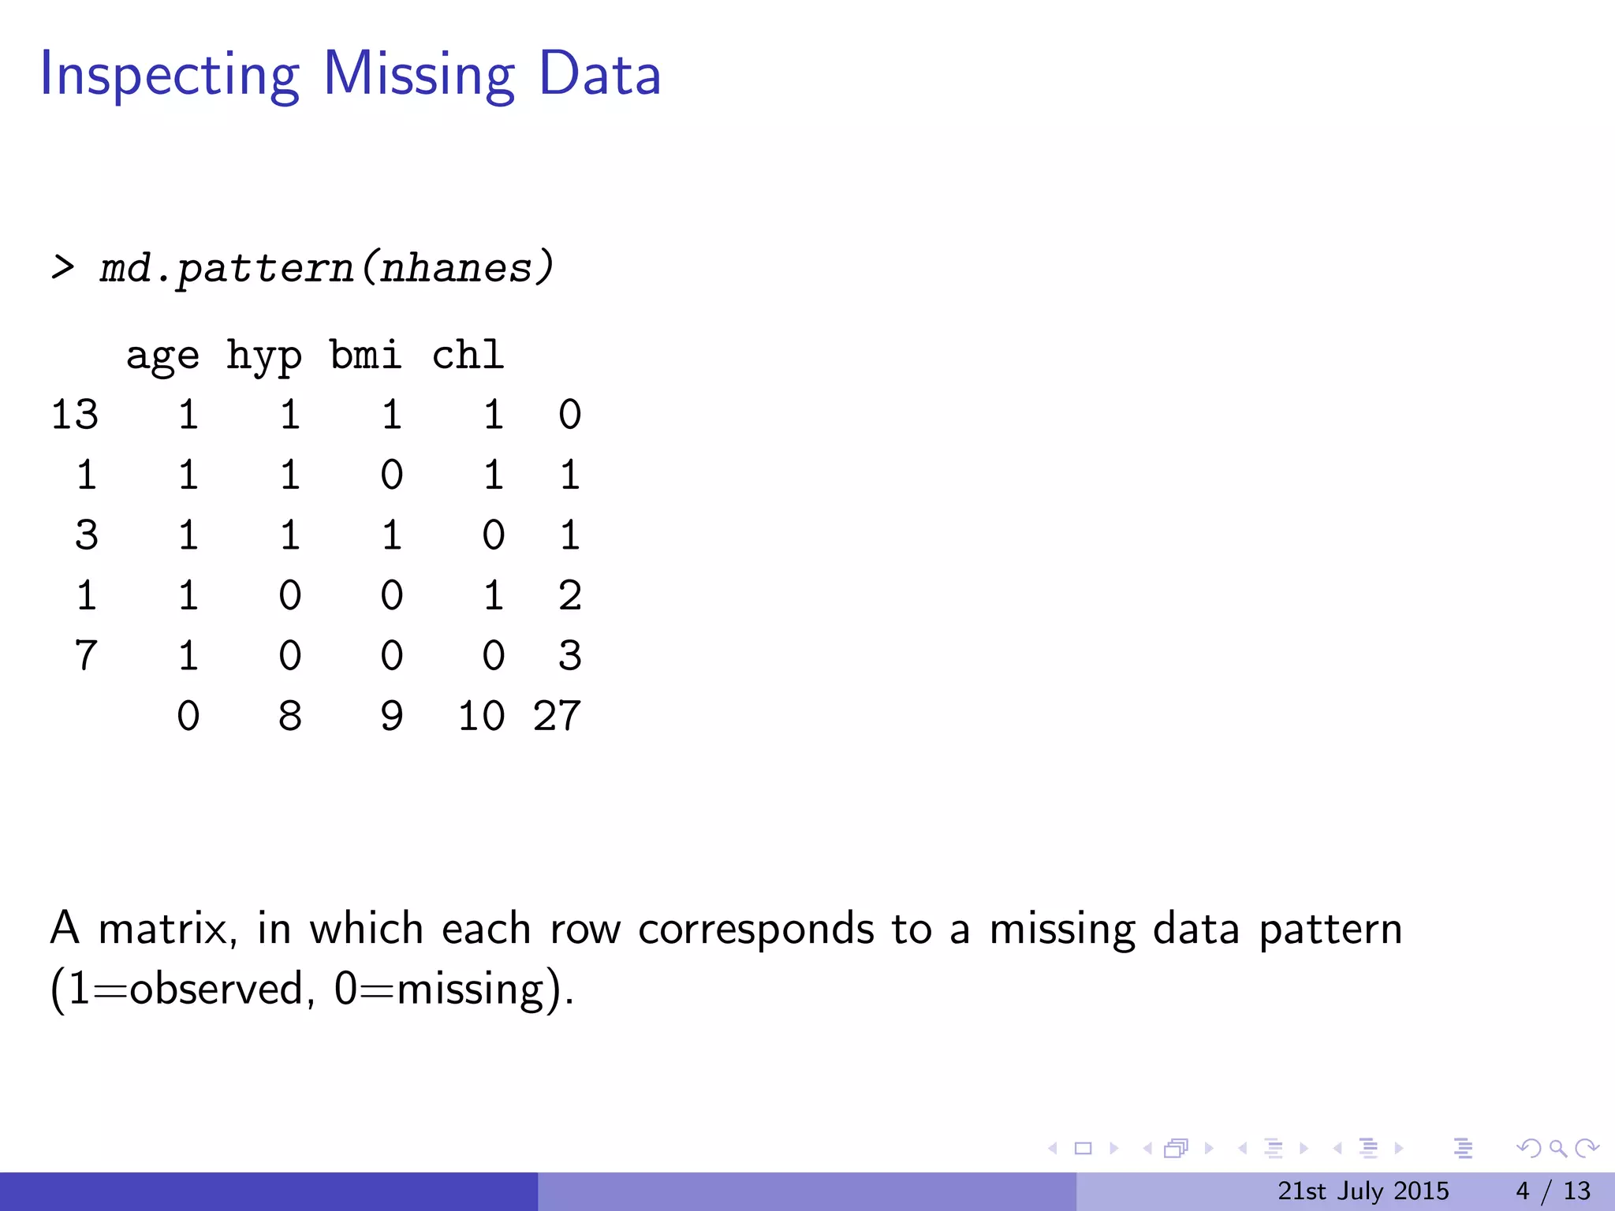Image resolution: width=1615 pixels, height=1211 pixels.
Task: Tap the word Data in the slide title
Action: (x=599, y=74)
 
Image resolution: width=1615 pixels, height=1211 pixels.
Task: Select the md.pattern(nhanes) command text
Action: (x=326, y=269)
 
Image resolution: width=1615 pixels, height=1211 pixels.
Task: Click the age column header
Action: (x=162, y=356)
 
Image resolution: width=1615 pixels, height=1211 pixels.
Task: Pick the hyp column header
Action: (x=264, y=356)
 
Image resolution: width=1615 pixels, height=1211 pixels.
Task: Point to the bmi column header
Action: (x=366, y=356)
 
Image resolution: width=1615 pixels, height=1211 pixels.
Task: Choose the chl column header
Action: (x=468, y=356)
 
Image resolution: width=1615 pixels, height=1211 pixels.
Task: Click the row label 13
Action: (x=75, y=415)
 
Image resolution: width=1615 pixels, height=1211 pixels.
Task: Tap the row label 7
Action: (x=86, y=656)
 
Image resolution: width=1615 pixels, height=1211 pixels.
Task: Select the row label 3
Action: (x=86, y=535)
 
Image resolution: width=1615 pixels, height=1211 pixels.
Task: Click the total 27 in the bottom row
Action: (x=557, y=717)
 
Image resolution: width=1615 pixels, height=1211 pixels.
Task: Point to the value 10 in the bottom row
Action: (x=481, y=717)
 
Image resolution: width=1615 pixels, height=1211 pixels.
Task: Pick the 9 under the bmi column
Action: (x=392, y=717)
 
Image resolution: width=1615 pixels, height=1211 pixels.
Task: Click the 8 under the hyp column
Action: (x=289, y=717)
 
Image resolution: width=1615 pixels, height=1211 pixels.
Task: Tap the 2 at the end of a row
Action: (x=569, y=596)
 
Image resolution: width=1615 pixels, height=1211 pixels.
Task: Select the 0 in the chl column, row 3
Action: (x=494, y=535)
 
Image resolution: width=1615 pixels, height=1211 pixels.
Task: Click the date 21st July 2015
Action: (x=1363, y=1191)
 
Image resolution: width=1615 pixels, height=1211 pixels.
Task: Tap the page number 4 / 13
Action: (x=1553, y=1191)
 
